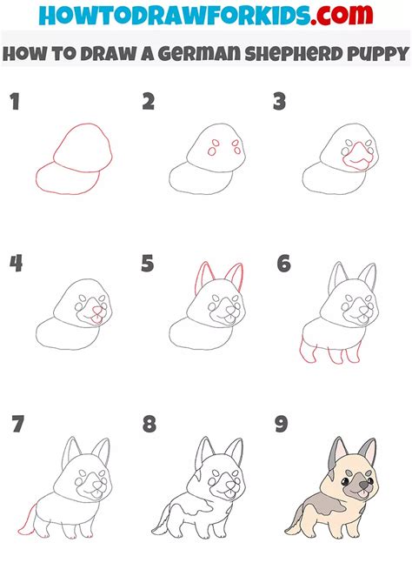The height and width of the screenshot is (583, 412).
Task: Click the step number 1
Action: point(15,103)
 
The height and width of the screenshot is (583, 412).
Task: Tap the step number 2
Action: point(149,103)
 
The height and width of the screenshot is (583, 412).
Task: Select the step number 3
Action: point(280,103)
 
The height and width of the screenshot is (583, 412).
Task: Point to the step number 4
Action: point(16,264)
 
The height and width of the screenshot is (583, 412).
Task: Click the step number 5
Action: point(149,264)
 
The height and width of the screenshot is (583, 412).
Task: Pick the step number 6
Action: point(282,264)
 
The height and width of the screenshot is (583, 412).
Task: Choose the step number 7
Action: point(17,425)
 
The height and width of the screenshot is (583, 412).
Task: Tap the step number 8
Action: point(150,425)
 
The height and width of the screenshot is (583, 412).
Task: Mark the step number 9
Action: point(282,425)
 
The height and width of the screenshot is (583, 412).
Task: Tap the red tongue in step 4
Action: point(96,321)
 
